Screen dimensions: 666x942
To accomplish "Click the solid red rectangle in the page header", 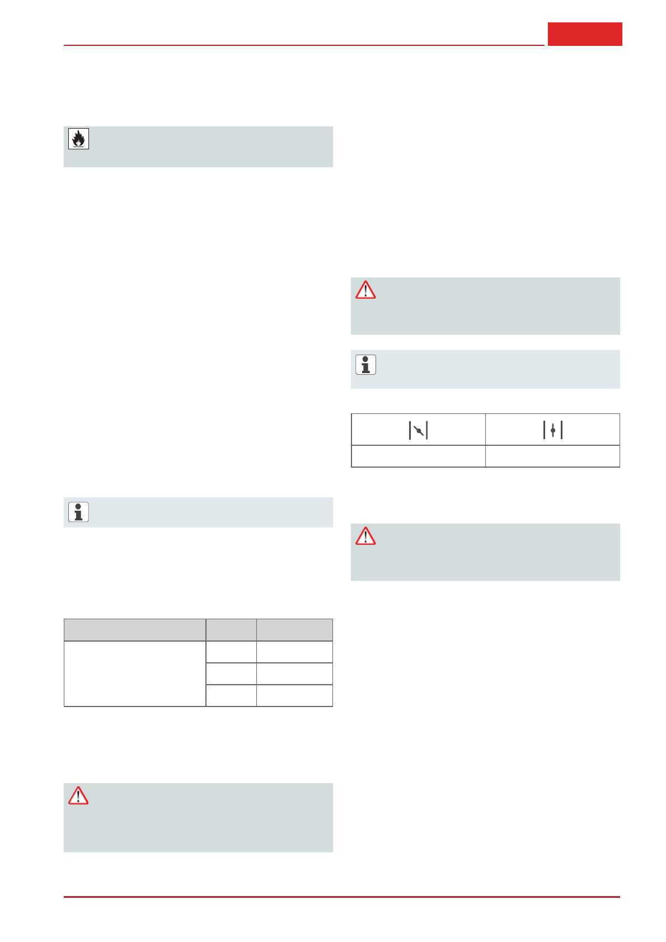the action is point(585,34).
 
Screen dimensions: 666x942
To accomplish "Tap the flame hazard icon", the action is point(78,139).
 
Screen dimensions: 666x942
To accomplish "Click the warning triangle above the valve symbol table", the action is point(365,290).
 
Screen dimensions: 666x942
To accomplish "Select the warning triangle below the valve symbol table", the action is point(365,536).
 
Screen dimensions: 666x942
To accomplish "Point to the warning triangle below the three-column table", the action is point(78,795).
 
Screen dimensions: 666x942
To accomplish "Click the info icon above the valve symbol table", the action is point(365,365).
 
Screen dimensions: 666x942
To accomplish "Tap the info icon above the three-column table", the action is point(78,512).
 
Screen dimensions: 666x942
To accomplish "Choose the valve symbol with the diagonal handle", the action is point(418,430).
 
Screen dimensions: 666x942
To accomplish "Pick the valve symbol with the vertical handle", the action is point(552,430).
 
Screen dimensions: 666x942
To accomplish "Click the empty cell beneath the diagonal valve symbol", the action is point(418,456).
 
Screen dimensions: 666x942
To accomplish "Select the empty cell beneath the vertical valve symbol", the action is point(552,456).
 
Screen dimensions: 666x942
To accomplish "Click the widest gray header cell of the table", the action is point(135,630).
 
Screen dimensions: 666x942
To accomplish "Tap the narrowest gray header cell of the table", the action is point(231,630).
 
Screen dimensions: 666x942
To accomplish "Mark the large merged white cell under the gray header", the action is point(135,673).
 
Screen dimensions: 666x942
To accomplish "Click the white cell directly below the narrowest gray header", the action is point(231,652).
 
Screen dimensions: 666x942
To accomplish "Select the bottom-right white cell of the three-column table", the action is point(294,695).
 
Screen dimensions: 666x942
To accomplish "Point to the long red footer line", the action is point(341,897).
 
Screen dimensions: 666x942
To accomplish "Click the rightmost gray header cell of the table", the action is point(294,630).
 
